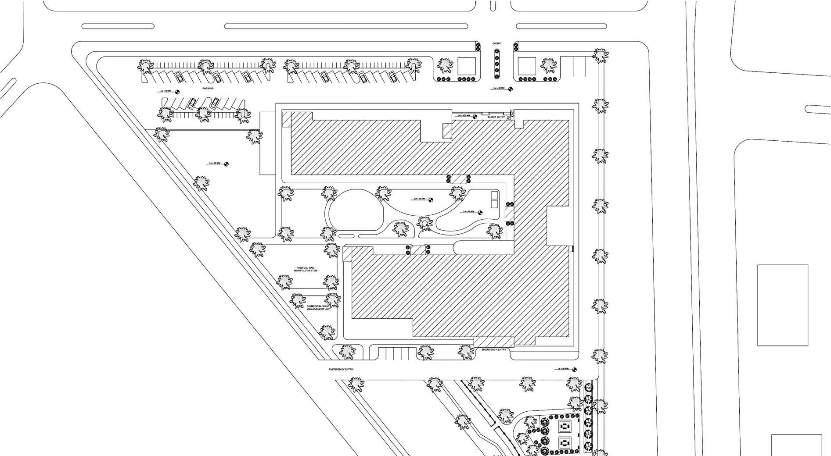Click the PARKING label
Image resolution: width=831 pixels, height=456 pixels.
tap(208, 89)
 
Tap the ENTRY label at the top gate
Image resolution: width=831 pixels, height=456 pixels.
tap(496, 44)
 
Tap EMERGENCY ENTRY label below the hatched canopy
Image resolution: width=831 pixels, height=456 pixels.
tap(494, 350)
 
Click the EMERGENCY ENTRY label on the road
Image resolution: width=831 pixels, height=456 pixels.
tap(341, 370)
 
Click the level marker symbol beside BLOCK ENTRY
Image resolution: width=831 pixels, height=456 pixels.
tap(475, 116)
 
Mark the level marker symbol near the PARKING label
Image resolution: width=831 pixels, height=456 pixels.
tap(177, 92)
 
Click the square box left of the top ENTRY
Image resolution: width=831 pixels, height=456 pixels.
tap(466, 66)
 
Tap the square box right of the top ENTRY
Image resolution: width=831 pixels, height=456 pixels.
tap(526, 66)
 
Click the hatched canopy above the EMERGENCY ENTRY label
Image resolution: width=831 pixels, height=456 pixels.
tap(494, 342)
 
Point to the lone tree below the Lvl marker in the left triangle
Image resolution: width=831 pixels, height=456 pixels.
tap(201, 183)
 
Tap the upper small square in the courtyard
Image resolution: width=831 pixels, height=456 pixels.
tap(494, 195)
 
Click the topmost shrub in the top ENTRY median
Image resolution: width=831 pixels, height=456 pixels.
tap(496, 51)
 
